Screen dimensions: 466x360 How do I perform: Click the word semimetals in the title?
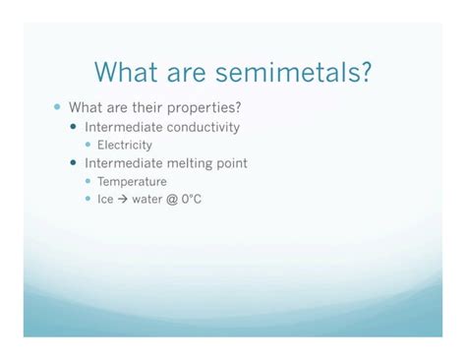point(293,72)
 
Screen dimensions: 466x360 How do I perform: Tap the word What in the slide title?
point(126,72)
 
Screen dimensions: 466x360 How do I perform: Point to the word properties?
point(204,108)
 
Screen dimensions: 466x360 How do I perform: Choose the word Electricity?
point(125,145)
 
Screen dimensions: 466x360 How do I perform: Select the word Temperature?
point(132,181)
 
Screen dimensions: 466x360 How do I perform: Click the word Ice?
point(105,199)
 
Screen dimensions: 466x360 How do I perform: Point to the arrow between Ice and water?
point(122,199)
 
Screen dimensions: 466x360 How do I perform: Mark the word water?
point(146,200)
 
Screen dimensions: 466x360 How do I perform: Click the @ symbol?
point(172,200)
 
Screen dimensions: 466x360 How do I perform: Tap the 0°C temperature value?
point(192,199)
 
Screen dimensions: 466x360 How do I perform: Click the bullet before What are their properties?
point(57,107)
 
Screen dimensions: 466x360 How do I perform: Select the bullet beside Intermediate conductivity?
point(74,126)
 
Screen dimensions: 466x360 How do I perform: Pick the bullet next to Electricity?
point(87,145)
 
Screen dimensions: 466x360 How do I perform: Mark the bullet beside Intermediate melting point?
point(74,162)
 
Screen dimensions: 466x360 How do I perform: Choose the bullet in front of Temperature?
point(87,181)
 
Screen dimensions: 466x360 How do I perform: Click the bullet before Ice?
point(87,199)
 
